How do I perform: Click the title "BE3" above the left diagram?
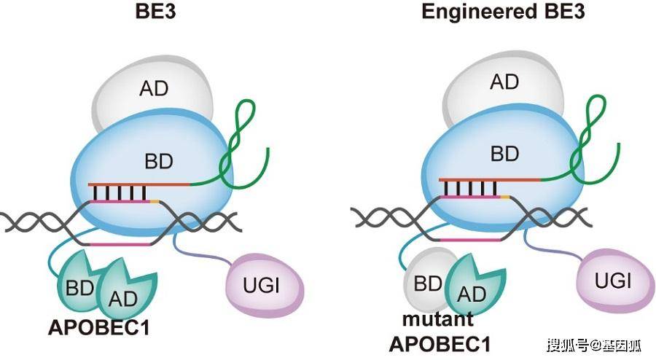point(156,11)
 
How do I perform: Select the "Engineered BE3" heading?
point(502,11)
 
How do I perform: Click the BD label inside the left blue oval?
point(159,161)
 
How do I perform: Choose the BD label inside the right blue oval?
point(504,154)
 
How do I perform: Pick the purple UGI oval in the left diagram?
point(265,286)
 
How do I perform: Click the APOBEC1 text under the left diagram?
point(99,328)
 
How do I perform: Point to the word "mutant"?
point(438,319)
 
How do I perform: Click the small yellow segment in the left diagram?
point(155,202)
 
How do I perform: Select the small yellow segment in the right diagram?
point(505,196)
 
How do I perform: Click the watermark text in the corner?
point(593,345)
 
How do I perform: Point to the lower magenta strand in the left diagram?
point(120,244)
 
